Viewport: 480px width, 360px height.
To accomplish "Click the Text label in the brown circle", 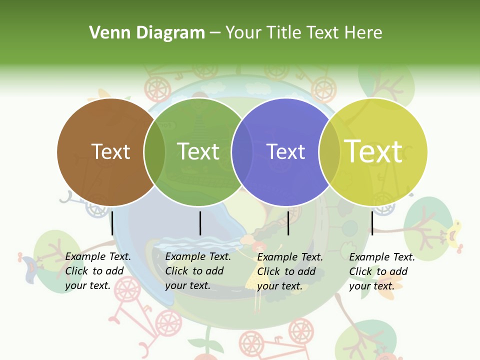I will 110,151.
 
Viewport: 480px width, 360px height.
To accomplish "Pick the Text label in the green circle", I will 198,151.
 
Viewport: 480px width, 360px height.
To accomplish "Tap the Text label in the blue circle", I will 285,151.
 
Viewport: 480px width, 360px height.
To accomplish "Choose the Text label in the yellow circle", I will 373,151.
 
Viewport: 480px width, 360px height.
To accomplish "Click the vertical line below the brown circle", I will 112,223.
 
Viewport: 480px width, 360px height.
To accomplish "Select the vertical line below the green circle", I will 200,223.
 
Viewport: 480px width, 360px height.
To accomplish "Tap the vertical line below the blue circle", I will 288,223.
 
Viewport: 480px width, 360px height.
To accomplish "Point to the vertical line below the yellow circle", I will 372,223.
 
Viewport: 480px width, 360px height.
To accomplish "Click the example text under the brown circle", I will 98,271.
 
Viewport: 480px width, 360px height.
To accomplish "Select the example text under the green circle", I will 198,271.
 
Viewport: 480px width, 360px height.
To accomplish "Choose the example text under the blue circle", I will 290,271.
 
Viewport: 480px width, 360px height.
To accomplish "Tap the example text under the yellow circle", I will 382,271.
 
